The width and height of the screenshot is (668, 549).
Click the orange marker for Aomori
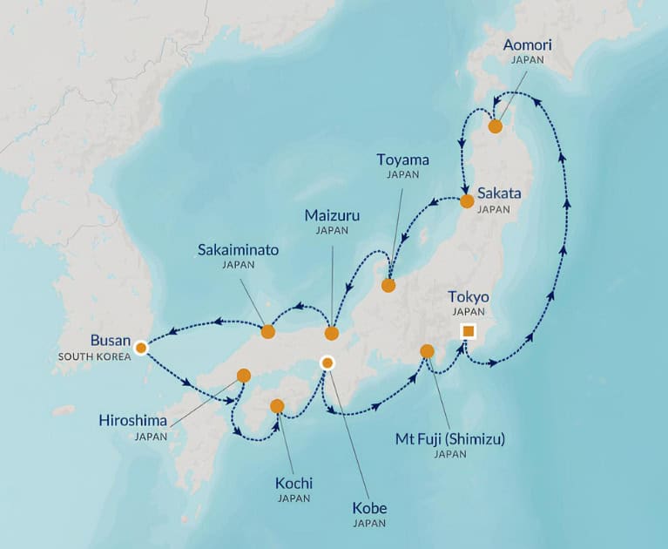(x=495, y=126)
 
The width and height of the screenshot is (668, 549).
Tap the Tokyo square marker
(x=469, y=330)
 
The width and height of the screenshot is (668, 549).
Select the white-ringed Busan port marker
(x=140, y=348)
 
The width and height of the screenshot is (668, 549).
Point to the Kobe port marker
(x=327, y=363)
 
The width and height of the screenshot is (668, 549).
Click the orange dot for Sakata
(x=467, y=201)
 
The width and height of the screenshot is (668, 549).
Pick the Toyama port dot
(x=388, y=285)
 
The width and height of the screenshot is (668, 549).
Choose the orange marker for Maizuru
(x=331, y=333)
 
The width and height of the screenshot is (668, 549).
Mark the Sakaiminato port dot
(x=268, y=331)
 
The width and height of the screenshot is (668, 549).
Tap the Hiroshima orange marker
(x=243, y=376)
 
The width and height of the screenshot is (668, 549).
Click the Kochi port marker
(x=277, y=405)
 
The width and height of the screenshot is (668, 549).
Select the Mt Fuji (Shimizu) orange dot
(x=427, y=351)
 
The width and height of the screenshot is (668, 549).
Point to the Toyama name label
(x=402, y=159)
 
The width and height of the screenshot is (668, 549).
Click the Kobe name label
(x=369, y=508)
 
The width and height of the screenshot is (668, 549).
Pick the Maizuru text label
(x=332, y=215)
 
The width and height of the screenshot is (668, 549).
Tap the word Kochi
(x=294, y=483)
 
